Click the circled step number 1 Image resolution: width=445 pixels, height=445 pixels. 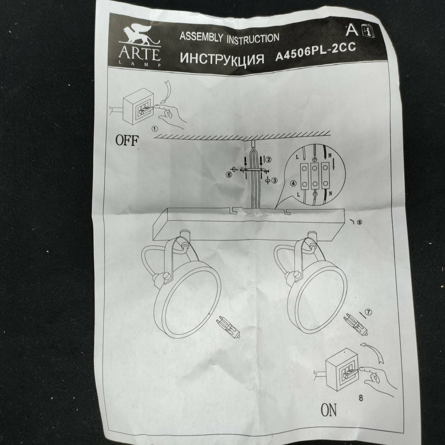154,128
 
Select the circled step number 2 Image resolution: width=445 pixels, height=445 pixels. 269,160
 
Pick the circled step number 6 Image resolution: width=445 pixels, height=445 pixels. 228,175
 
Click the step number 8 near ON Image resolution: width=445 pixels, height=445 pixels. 361,398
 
